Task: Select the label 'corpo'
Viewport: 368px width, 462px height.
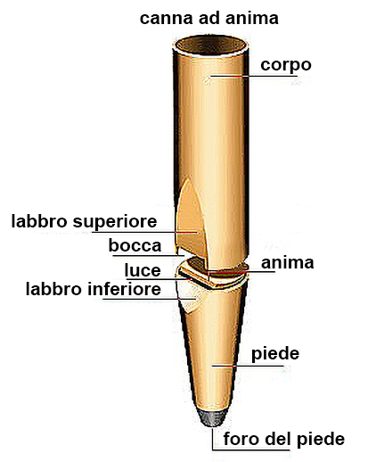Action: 286,66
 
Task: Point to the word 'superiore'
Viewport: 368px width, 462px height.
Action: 115,222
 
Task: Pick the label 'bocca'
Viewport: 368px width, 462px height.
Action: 135,245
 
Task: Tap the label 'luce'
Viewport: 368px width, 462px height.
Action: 143,270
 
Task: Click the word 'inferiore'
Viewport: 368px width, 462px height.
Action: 124,289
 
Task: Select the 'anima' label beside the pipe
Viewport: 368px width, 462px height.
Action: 287,263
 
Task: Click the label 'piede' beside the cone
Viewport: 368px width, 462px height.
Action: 275,354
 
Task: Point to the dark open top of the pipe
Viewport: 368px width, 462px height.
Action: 210,45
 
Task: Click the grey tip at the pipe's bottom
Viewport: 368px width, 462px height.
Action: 212,418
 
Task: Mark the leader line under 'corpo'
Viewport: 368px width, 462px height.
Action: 254,76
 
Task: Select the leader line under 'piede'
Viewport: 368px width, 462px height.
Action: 247,366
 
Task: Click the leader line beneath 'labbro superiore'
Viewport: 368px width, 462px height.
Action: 144,232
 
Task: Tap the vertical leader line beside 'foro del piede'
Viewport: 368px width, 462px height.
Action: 212,439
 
